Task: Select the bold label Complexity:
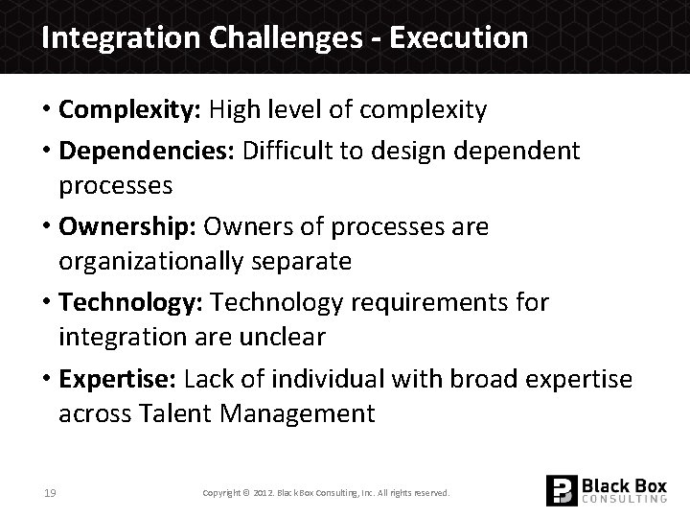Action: coord(126,110)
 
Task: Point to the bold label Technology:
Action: coord(129,303)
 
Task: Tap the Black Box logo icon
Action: coord(561,490)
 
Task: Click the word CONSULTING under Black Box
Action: coord(625,500)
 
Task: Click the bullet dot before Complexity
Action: coord(46,110)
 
